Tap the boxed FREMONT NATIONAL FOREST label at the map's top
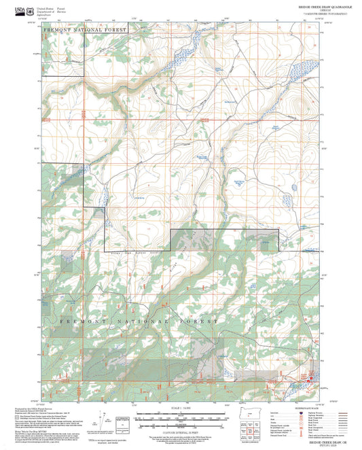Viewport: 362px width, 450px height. click(x=84, y=31)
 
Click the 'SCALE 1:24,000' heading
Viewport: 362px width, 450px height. click(x=180, y=408)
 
